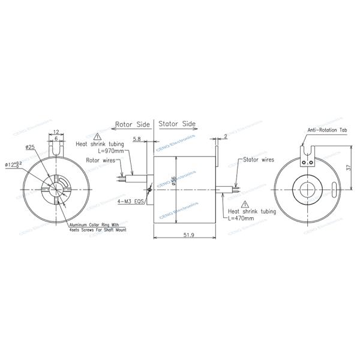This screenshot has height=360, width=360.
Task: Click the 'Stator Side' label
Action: pos(177,124)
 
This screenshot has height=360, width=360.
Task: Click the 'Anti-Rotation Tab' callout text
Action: pos(328,130)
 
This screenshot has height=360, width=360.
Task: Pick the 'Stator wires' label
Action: pos(259,160)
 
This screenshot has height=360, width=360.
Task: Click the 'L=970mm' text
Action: pos(110,152)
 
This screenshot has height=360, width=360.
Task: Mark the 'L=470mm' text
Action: pos(241,218)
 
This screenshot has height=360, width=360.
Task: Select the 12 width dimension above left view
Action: pos(55,131)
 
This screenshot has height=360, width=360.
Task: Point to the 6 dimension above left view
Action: pos(55,139)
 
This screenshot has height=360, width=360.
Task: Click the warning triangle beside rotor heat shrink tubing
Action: pos(98,137)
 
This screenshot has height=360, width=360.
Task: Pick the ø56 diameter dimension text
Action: pos(173,181)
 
